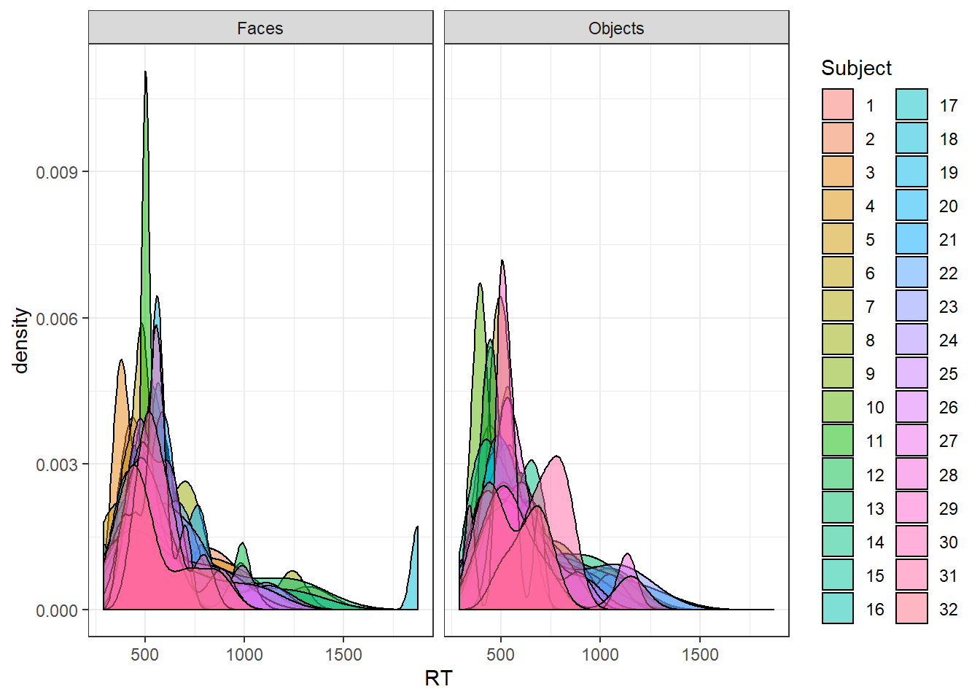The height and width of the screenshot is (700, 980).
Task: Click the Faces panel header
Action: [x=260, y=28]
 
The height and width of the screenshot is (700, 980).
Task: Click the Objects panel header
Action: [x=616, y=28]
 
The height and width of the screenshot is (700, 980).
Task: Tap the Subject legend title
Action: [x=856, y=68]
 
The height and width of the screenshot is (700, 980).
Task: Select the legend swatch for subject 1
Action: [x=838, y=105]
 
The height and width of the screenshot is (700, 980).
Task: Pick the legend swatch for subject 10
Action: [x=838, y=407]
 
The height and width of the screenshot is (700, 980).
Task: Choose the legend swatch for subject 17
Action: [x=911, y=105]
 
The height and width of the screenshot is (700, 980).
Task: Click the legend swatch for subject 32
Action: [x=911, y=608]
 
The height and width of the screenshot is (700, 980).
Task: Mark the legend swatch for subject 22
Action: [x=911, y=273]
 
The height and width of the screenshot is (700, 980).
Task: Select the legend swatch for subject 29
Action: [x=911, y=507]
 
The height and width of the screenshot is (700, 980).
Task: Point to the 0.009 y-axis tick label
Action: [x=57, y=172]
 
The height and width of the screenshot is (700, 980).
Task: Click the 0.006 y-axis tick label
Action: [x=57, y=319]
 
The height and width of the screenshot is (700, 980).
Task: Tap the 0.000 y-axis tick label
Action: [x=57, y=610]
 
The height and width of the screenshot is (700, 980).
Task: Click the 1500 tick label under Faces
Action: [x=343, y=655]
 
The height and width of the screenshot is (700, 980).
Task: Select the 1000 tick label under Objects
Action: [x=600, y=655]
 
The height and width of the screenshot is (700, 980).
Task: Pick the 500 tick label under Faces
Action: [x=144, y=655]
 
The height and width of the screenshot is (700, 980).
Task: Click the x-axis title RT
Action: [x=438, y=678]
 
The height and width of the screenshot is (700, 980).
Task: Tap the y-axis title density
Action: [x=21, y=340]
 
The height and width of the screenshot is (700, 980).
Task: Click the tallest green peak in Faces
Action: [x=146, y=80]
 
